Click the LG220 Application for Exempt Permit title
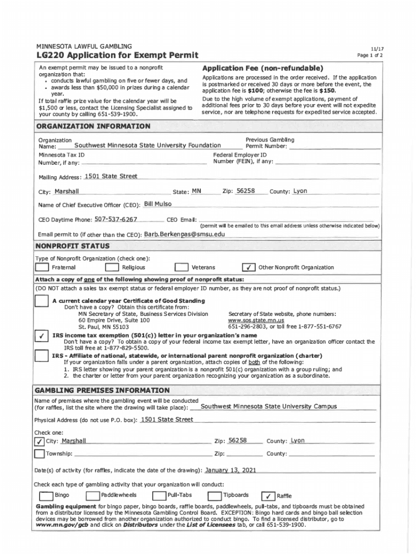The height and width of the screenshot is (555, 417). click(118, 55)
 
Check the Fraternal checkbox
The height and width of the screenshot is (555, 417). click(42, 267)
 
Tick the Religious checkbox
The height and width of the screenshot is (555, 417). click(112, 267)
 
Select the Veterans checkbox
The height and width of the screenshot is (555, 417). click(181, 267)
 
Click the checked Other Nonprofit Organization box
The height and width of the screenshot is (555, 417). click(248, 267)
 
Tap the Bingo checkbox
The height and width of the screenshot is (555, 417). click(45, 495)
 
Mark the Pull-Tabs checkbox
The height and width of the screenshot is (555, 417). click(159, 495)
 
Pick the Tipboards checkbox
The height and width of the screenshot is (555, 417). click(215, 495)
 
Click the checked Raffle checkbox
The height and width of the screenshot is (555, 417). click(268, 495)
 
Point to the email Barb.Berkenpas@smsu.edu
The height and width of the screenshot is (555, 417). click(184, 234)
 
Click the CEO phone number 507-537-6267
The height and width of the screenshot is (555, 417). click(116, 220)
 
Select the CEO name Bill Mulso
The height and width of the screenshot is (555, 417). click(158, 204)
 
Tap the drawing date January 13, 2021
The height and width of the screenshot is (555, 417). click(231, 470)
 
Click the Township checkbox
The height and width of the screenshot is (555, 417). click(40, 454)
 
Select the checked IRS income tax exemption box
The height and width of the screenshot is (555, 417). click(41, 337)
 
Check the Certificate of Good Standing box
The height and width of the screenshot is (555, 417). click(41, 301)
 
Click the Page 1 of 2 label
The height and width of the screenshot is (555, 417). click(370, 55)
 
